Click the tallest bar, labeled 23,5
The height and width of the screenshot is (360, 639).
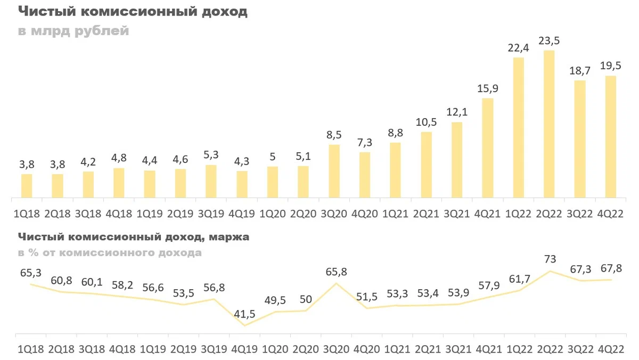click(x=549, y=125)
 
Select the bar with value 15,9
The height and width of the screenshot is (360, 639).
click(x=487, y=149)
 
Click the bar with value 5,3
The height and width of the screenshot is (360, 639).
click(x=211, y=182)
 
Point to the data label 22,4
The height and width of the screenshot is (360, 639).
click(x=518, y=48)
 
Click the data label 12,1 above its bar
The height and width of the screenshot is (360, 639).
click(x=456, y=112)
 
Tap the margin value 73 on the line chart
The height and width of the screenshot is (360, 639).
click(x=550, y=259)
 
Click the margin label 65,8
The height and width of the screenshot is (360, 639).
click(x=336, y=272)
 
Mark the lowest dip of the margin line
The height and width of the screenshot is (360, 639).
click(x=244, y=325)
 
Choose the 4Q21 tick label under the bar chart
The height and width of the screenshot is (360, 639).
click(x=487, y=214)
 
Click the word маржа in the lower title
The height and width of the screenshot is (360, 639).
click(x=230, y=237)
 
